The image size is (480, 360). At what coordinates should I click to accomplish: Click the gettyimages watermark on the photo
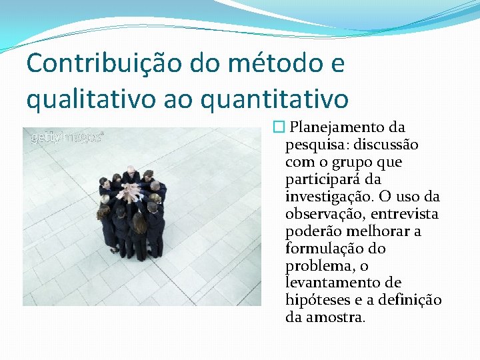pos(66,137)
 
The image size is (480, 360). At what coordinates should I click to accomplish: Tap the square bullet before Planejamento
pos(278,127)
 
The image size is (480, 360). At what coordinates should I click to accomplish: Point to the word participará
pos(323,179)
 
